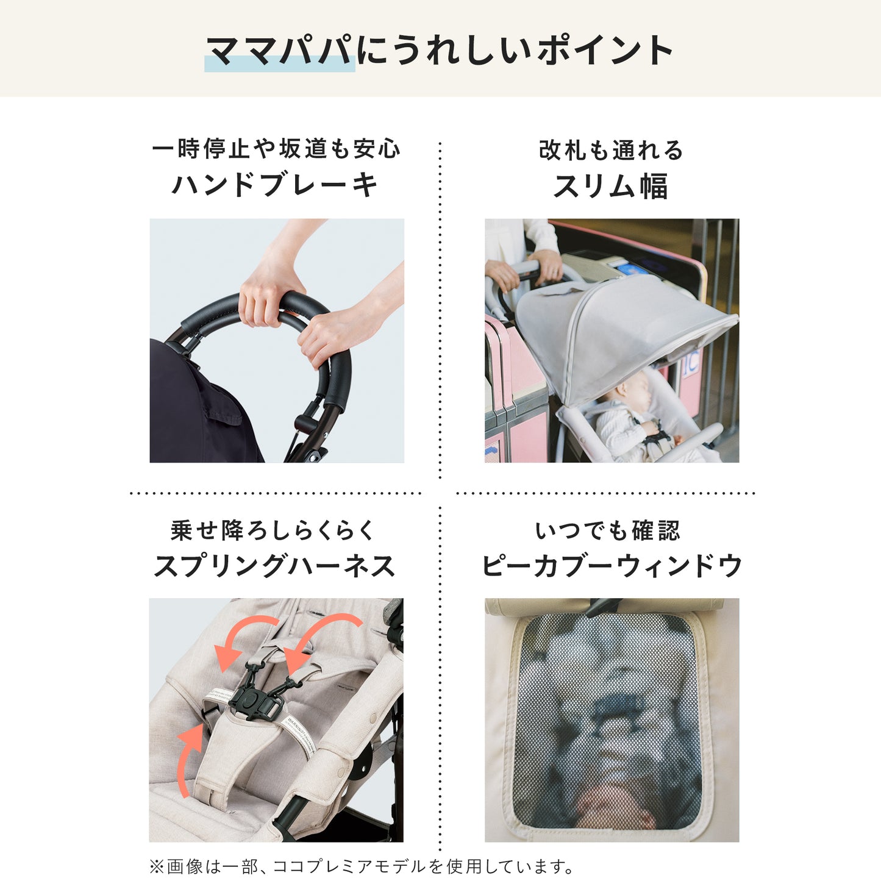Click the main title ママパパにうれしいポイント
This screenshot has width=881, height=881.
(x=439, y=50)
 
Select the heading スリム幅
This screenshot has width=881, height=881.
(x=611, y=187)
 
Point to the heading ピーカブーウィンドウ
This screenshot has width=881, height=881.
(x=612, y=566)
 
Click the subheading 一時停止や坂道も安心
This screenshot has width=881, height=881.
(x=276, y=149)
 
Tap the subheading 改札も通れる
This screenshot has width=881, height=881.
(x=612, y=150)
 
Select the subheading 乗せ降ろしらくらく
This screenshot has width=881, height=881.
(x=273, y=530)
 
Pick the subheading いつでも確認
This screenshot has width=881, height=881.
(x=607, y=530)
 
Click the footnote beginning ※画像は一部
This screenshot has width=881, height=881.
(x=361, y=866)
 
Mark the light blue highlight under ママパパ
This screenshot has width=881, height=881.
(x=279, y=64)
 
